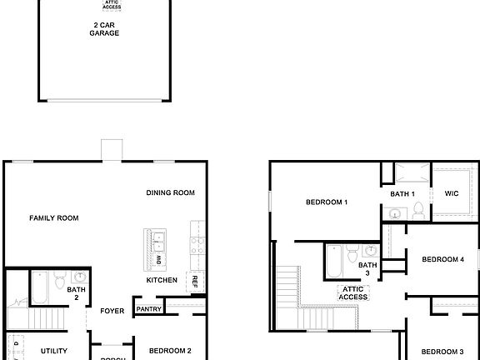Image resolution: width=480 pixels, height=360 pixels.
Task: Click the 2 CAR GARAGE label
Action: pos(105,29)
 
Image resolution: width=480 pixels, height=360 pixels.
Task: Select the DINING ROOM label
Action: pos(170,192)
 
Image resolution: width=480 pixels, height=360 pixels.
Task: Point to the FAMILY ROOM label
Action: pos(54,218)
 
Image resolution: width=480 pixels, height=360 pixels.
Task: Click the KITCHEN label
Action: pos(161,280)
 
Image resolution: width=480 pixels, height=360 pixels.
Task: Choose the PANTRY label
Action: pos(148,309)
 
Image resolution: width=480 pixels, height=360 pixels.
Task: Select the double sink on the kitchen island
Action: pos(158,242)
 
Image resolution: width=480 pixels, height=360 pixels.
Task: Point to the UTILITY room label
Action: pos(54,351)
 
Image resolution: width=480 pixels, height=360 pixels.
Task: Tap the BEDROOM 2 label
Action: pos(170,351)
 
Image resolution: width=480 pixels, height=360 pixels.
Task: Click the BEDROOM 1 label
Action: pos(326,202)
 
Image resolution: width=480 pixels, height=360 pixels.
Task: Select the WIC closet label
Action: pos(452,193)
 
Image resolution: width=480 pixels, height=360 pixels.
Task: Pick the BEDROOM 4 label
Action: pos(442,259)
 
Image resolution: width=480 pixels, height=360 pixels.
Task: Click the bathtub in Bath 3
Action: pos(333,261)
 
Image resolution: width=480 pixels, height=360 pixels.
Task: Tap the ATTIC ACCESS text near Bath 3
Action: pos(352,292)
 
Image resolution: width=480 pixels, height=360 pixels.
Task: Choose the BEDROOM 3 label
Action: pos(442,351)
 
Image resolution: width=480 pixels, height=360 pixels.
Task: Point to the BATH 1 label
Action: pos(402,194)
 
